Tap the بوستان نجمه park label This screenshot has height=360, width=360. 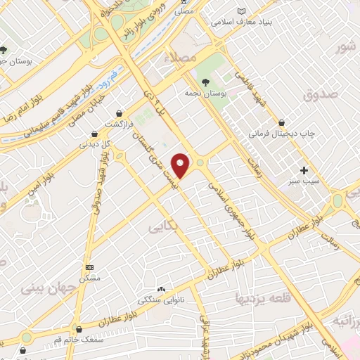[205, 92]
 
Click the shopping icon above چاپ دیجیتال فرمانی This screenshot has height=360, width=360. [282, 122]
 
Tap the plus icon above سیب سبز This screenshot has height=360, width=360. [304, 170]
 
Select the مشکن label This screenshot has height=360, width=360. [89, 278]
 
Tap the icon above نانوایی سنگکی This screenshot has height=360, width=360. [162, 289]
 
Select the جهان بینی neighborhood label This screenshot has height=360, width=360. [46, 288]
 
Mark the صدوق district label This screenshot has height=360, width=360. [321, 93]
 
